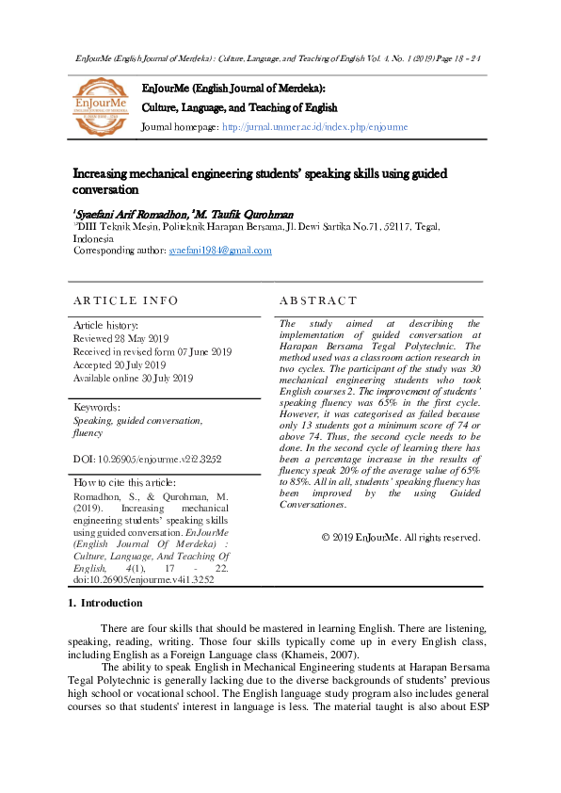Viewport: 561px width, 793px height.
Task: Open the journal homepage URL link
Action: [314, 126]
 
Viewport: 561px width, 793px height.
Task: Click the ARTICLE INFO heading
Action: [125, 300]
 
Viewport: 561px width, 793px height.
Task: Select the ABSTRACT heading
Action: [318, 300]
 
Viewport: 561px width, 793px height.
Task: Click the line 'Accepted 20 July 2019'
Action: [120, 364]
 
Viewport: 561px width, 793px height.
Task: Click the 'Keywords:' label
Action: [96, 408]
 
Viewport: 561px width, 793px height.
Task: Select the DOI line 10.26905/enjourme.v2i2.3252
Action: [147, 459]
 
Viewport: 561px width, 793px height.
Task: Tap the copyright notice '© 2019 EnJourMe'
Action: [401, 537]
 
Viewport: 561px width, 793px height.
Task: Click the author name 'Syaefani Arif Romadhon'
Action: [130, 214]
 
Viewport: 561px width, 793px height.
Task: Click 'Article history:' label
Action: [105, 324]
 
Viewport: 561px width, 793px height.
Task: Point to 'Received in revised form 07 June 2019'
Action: [152, 351]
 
